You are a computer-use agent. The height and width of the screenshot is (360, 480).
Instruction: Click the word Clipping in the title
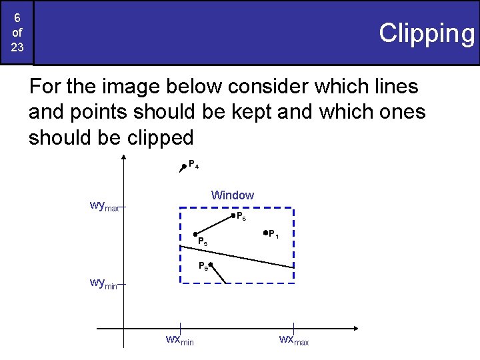[x=426, y=33]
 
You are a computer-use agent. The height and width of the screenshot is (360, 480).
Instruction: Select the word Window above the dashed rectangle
[x=232, y=195]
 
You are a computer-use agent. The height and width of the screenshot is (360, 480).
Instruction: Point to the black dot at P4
[x=183, y=167]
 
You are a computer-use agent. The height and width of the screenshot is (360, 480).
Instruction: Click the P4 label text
[x=193, y=164]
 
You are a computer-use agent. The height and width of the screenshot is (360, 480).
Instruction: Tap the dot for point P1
[x=265, y=233]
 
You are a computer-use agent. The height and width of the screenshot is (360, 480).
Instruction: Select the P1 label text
[x=274, y=233]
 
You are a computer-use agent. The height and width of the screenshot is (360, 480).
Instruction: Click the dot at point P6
[x=233, y=215]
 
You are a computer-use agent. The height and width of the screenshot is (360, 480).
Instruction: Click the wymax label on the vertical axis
[x=104, y=206]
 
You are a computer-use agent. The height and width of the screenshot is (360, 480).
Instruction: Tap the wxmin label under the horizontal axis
[x=179, y=340]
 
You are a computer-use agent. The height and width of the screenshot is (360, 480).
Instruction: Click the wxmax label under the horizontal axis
[x=294, y=340]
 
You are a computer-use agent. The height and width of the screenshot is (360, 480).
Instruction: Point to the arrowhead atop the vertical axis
[x=124, y=157]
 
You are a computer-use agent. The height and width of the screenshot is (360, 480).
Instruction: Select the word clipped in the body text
[x=155, y=137]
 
